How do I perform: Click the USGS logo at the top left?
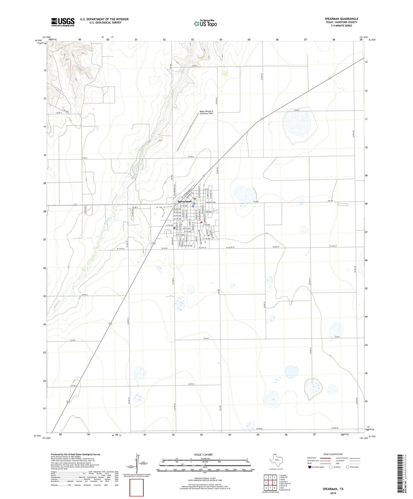tap(63, 22)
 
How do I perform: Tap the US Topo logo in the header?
tap(205, 24)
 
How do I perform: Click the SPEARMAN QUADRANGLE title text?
tap(341, 19)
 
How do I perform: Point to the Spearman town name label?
tap(184, 201)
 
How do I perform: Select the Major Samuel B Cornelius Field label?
tap(206, 112)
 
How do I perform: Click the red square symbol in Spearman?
tap(201, 222)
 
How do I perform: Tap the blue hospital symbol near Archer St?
tap(175, 228)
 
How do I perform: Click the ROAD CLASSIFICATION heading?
tap(333, 454)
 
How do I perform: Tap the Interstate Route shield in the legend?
tap(309, 467)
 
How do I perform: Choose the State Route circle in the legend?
tap(347, 467)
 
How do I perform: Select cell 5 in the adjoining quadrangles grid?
tap(275, 482)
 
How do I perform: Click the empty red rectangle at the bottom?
tap(137, 487)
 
